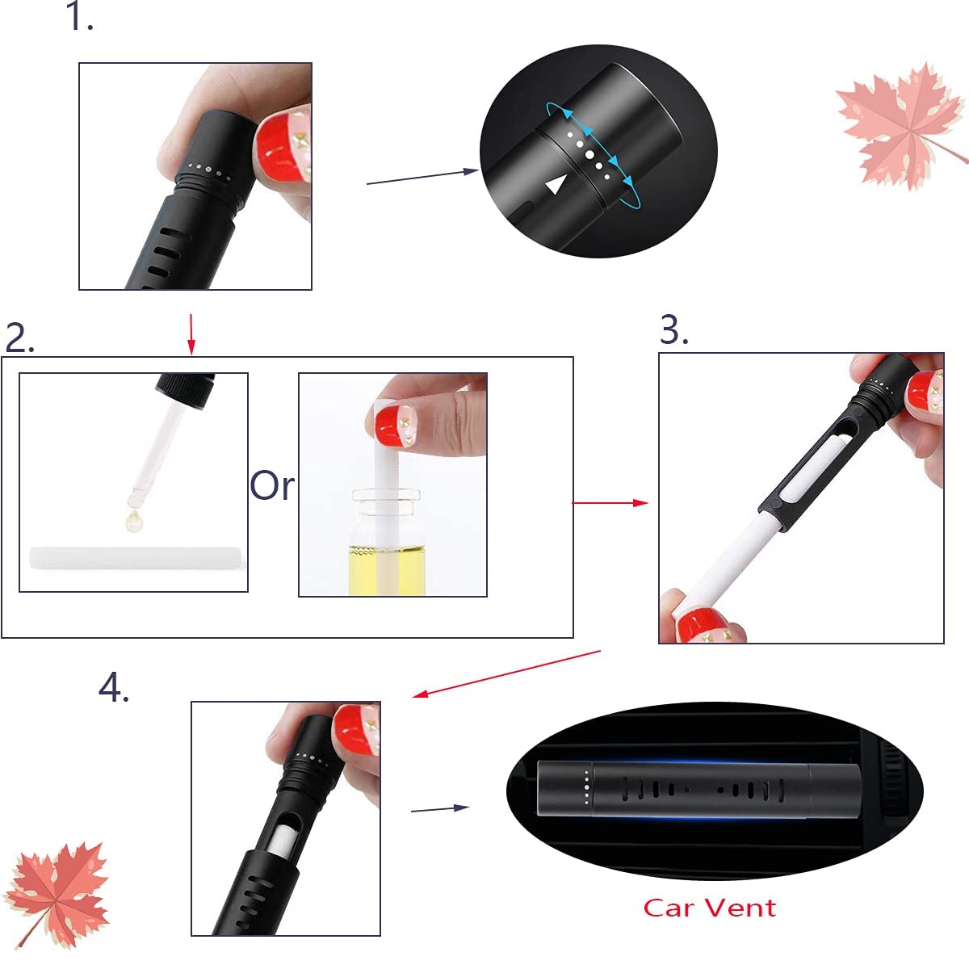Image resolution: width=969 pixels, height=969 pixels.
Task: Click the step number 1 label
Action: pyautogui.click(x=79, y=16)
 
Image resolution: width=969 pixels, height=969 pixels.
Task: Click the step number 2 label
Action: pyautogui.click(x=19, y=338)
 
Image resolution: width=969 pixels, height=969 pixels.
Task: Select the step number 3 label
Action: pyautogui.click(x=673, y=330)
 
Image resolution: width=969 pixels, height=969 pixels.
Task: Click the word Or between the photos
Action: pyautogui.click(x=272, y=485)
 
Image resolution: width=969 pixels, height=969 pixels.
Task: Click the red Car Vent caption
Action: pyautogui.click(x=710, y=908)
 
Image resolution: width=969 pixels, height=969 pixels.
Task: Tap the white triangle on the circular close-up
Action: pyautogui.click(x=555, y=185)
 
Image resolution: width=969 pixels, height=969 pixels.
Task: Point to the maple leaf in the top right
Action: pyautogui.click(x=900, y=126)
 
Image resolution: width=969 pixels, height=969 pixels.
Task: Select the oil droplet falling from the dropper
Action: pyautogui.click(x=134, y=520)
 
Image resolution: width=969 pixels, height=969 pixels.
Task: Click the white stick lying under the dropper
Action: pyautogui.click(x=136, y=558)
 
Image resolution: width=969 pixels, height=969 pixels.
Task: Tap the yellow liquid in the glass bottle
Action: pyautogui.click(x=386, y=570)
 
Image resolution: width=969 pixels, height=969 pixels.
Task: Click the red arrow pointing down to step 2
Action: pyautogui.click(x=191, y=334)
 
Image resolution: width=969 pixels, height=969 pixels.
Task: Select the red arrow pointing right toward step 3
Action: pyautogui.click(x=610, y=502)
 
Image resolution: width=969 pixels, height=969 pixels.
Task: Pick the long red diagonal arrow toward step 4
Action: pyautogui.click(x=506, y=673)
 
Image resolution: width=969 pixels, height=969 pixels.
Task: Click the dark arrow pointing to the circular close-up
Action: pyautogui.click(x=422, y=178)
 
